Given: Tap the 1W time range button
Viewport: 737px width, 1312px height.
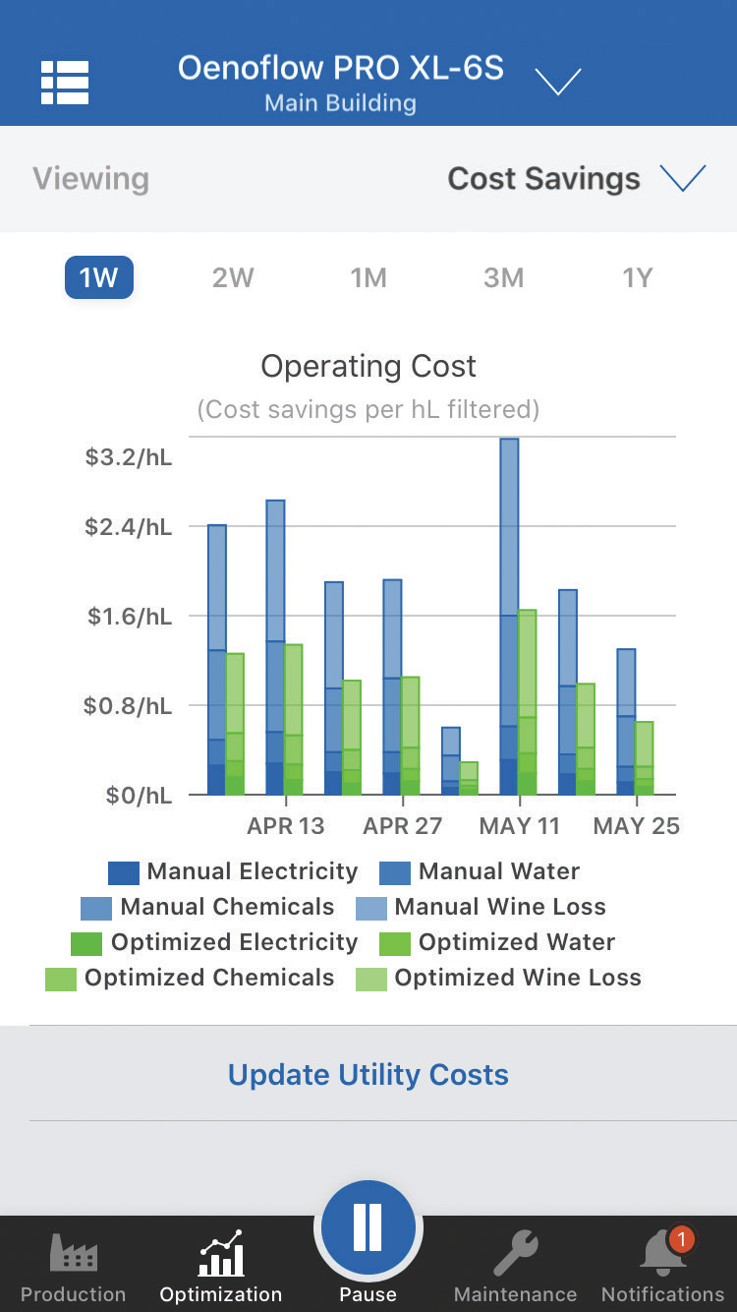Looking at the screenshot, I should (x=98, y=277).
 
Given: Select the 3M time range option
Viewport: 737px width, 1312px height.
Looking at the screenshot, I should (x=503, y=277).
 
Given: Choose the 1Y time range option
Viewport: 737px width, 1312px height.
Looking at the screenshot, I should (x=638, y=277).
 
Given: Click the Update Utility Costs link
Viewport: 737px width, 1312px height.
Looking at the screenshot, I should (x=368, y=1074).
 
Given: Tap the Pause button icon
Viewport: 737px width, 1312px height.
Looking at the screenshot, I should (x=368, y=1228).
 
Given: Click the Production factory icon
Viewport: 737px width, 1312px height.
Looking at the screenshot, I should (x=74, y=1254).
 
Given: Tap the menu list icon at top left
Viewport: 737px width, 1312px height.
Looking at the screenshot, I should (x=65, y=83).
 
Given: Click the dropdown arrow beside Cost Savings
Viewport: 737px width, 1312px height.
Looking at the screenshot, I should (x=683, y=178).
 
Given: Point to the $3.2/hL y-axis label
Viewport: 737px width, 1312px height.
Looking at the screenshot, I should (x=129, y=457).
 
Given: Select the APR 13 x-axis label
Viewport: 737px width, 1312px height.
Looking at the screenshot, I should (x=285, y=825).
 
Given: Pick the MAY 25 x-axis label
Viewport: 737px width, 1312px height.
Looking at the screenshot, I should (x=636, y=825).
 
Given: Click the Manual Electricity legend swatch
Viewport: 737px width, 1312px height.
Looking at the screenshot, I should (x=124, y=872).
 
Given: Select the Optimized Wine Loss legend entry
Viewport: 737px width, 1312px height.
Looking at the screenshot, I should (x=501, y=978).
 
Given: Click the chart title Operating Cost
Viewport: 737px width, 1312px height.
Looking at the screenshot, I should (x=368, y=366).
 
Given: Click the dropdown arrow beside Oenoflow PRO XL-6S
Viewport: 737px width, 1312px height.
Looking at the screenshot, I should (x=558, y=82).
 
